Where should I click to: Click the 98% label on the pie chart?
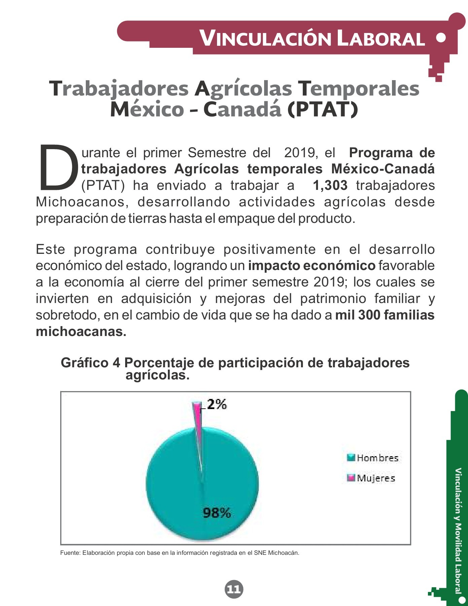(x=217, y=513)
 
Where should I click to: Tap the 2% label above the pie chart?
(x=217, y=404)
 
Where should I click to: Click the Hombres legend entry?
(x=373, y=458)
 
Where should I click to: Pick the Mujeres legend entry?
(x=371, y=478)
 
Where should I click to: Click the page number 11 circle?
(x=234, y=589)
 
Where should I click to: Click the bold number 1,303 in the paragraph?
(x=330, y=186)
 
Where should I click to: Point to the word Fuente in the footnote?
(x=70, y=553)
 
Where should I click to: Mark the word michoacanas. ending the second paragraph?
(x=81, y=332)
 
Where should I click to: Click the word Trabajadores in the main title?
(x=119, y=89)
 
